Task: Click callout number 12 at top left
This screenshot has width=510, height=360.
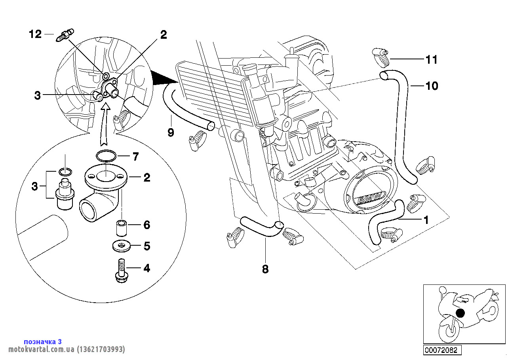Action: tap(35, 34)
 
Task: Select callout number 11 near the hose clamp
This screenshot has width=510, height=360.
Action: tap(431, 60)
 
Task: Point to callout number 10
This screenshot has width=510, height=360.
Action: tap(432, 86)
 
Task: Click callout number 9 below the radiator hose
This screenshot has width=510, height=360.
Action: tap(171, 132)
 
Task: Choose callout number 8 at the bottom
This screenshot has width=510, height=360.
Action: tap(265, 269)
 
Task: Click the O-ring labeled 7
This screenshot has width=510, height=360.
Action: tap(107, 156)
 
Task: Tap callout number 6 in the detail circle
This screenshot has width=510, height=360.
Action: tap(147, 225)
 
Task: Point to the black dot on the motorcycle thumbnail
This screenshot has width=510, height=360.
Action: tap(460, 313)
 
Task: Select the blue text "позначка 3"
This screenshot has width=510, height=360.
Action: tap(43, 341)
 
